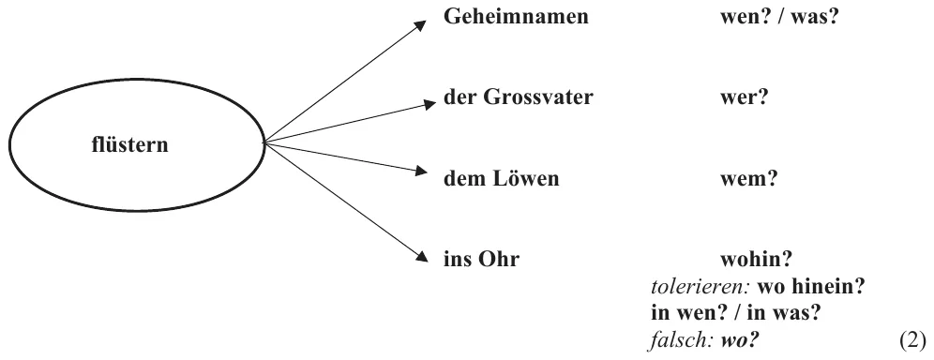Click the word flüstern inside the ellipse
coord(129,144)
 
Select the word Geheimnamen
coord(516,16)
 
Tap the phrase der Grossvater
coord(519,97)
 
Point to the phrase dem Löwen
coord(502,178)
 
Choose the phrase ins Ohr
coord(481,259)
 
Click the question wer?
coord(745,97)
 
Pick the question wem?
coord(749,178)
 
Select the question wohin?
coord(756,259)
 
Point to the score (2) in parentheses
coord(912,340)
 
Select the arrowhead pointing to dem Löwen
coord(421,172)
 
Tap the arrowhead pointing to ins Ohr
coord(422,256)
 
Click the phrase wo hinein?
coord(811,286)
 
